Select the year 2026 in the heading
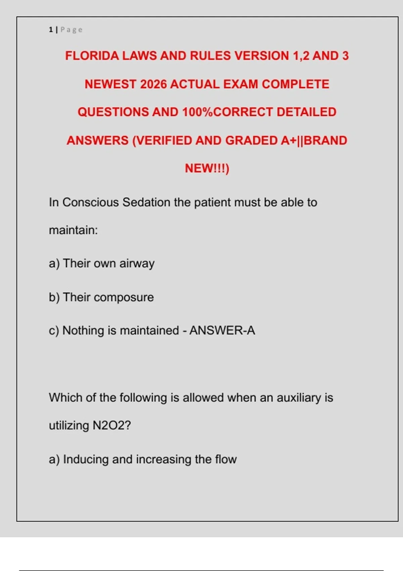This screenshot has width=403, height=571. [x=153, y=84]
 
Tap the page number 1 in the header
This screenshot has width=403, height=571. [x=51, y=30]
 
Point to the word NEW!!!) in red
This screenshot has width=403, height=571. [x=207, y=168]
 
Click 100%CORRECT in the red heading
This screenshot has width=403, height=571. [x=227, y=112]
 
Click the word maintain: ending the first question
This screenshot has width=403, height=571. [x=73, y=230]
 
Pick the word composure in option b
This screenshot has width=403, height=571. [x=124, y=298]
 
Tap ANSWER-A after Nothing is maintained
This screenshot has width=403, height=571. [x=222, y=331]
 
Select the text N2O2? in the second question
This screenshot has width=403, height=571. [x=111, y=426]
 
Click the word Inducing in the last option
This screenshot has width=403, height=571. [x=86, y=459]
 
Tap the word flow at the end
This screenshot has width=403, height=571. [x=226, y=459]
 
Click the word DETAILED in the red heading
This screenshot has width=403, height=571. [x=306, y=112]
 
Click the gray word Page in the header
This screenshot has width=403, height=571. [x=71, y=30]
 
